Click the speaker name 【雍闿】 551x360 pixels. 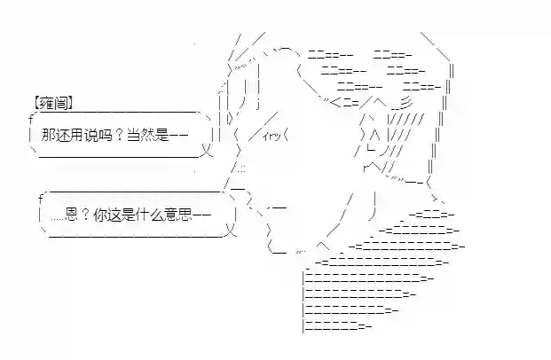pyautogui.click(x=51, y=102)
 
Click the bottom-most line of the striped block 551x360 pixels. pyautogui.click(x=338, y=329)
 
